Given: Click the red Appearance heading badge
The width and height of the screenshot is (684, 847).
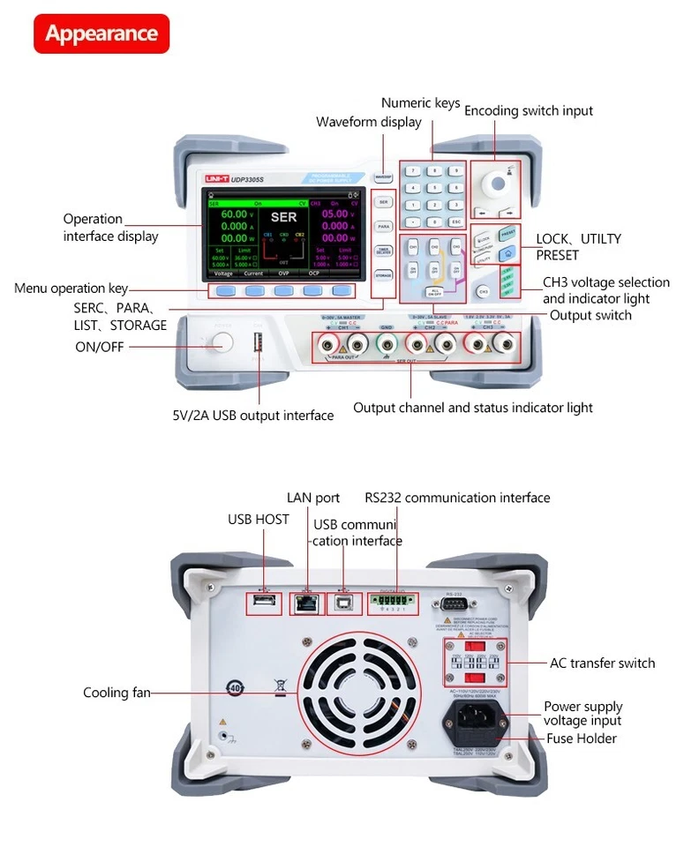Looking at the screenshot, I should pyautogui.click(x=101, y=34).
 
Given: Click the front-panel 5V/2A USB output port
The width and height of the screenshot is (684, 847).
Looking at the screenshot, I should pyautogui.click(x=259, y=341).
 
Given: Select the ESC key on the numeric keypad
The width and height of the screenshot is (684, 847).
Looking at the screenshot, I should pyautogui.click(x=455, y=221).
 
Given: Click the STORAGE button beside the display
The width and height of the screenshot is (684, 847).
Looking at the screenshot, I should pyautogui.click(x=383, y=275).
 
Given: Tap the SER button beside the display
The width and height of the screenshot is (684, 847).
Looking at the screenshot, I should pyautogui.click(x=383, y=201).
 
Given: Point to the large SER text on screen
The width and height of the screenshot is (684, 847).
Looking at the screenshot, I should pyautogui.click(x=283, y=216).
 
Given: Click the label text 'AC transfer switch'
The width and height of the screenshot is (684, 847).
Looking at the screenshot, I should pyautogui.click(x=602, y=663).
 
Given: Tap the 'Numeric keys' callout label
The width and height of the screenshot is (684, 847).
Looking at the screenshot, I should pyautogui.click(x=420, y=103).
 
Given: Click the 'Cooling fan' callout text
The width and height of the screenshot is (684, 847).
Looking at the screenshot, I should pyautogui.click(x=117, y=693).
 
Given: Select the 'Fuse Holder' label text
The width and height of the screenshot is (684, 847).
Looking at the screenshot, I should pyautogui.click(x=581, y=738).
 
